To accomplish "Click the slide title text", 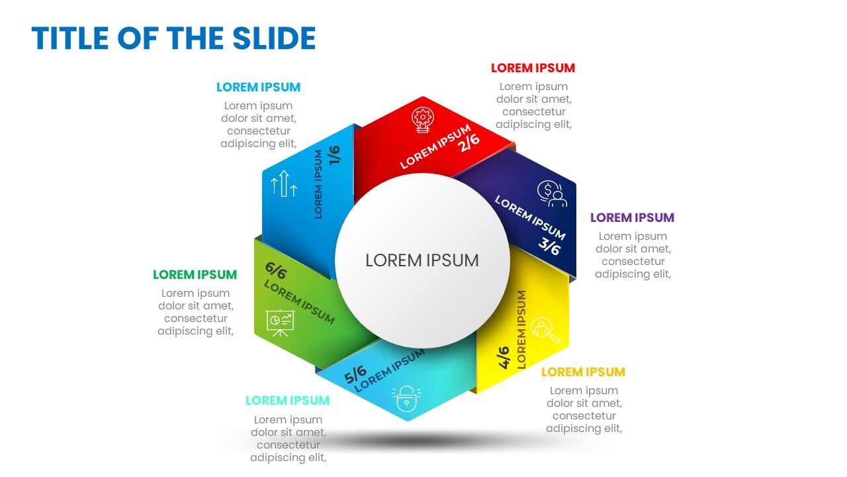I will click(x=173, y=38).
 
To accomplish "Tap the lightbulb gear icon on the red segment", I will click(x=423, y=120).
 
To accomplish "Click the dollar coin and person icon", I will click(x=552, y=194).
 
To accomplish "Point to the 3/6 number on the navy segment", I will click(x=549, y=246).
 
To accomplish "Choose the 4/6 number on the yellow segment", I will click(x=504, y=357).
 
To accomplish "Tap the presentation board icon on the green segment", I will click(x=280, y=321).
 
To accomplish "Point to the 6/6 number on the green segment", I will click(x=275, y=270).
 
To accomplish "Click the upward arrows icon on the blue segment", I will click(x=285, y=183).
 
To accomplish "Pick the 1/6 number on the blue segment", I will click(x=334, y=154).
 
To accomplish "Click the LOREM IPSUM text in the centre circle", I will click(x=422, y=260).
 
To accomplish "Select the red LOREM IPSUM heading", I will click(x=533, y=68).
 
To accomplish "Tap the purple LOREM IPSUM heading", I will click(x=632, y=217).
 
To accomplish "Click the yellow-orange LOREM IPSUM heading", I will click(x=583, y=372).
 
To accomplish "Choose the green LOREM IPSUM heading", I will click(x=195, y=274).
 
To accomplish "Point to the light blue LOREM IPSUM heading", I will click(x=258, y=87).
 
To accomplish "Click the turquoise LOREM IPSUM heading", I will click(x=287, y=400).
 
